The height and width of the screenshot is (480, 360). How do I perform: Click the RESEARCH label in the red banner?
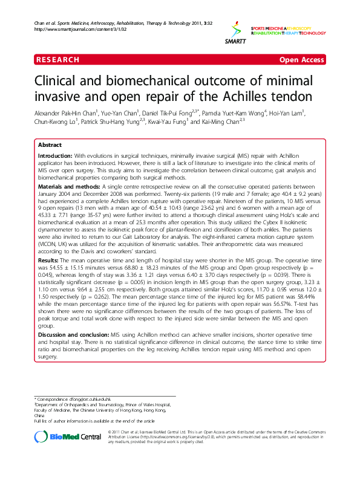coord(57,60)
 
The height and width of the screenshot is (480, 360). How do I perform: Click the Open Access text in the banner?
coord(301,60)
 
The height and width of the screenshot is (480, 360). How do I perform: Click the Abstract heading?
coord(50,146)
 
